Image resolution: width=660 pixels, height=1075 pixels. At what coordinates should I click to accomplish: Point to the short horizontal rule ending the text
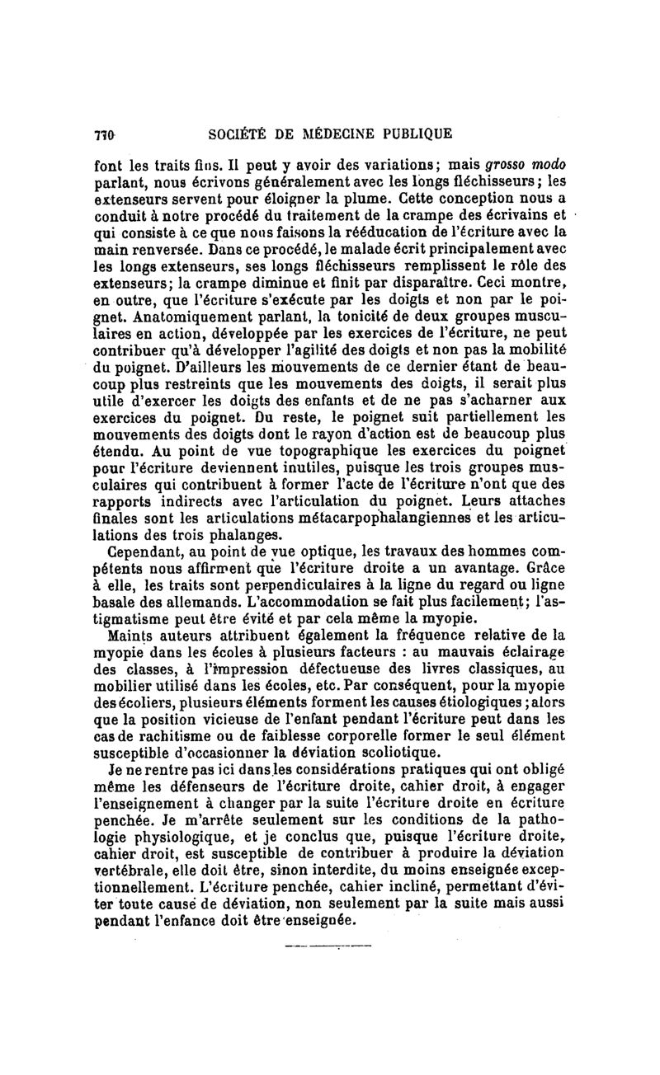pyautogui.click(x=328, y=945)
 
